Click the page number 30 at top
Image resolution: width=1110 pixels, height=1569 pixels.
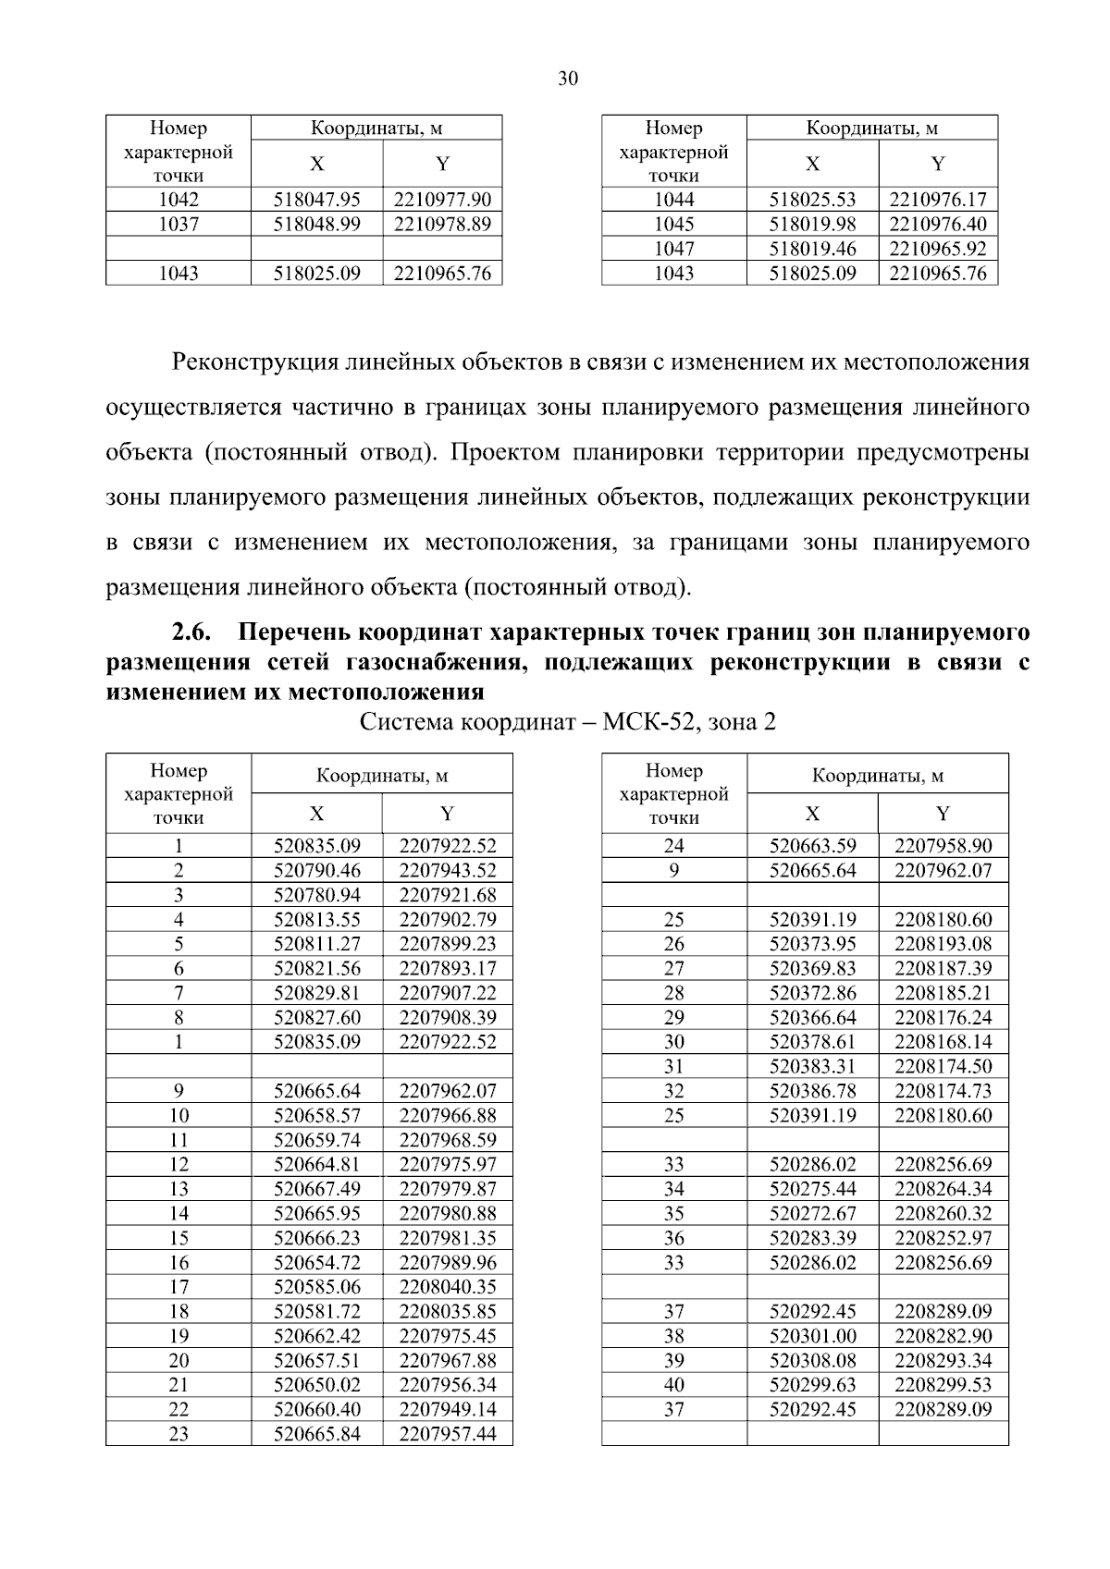point(568,80)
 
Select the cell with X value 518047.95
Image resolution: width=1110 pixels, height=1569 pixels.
point(316,200)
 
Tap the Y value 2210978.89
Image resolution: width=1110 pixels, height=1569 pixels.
point(442,224)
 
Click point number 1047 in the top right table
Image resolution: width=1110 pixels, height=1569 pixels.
point(673,249)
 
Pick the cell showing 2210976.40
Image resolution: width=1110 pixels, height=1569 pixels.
point(938,224)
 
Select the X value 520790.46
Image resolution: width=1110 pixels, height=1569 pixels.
point(316,870)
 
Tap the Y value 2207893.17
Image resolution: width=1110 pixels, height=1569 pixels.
point(448,968)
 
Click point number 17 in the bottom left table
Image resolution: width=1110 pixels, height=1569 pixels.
point(179,1287)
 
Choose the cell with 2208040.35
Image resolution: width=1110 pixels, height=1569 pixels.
point(448,1287)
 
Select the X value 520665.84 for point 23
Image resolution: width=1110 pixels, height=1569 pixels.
point(316,1434)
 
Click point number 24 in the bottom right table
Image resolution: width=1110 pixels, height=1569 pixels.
point(673,845)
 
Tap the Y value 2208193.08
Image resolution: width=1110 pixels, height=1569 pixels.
point(943,944)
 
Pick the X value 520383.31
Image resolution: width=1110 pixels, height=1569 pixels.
point(812,1066)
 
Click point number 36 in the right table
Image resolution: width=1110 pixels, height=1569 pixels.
point(673,1238)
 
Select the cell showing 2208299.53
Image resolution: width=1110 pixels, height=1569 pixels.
point(943,1385)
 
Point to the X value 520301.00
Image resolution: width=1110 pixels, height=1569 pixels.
point(812,1336)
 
